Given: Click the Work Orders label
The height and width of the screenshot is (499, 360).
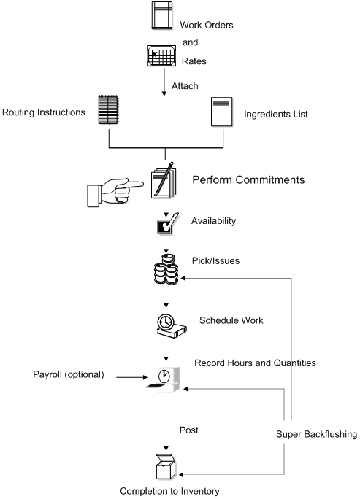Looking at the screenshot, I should (207, 26).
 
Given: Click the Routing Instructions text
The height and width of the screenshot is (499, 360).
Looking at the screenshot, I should (43, 113).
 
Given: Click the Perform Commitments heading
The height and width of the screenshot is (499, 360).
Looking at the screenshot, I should (248, 179).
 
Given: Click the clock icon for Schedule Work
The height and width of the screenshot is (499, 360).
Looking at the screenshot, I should (167, 326).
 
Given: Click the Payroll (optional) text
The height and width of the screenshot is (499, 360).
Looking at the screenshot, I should (69, 375).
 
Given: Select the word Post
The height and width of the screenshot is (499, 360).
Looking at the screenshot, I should (188, 430).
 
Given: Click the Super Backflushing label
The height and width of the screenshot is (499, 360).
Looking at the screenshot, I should (316, 434).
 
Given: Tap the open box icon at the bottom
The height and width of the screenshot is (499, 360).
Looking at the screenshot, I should (167, 463).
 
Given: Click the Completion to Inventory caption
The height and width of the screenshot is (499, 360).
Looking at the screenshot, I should (169, 491).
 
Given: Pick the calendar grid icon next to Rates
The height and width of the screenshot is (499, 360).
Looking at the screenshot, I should (161, 55).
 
